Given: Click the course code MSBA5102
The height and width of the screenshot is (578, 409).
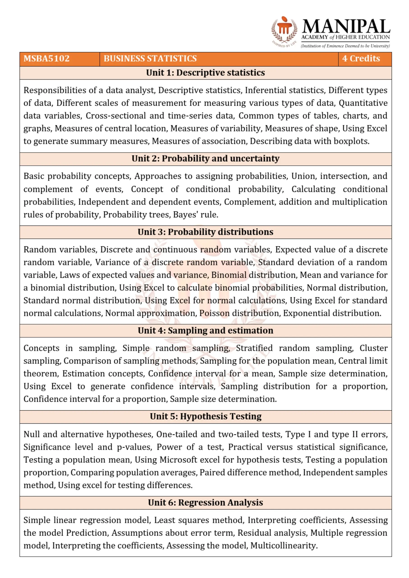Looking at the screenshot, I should pos(47,58).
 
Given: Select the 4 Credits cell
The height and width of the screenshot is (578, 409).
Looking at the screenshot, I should pos(361,58).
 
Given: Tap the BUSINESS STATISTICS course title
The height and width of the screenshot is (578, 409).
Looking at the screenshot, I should pos(150,58).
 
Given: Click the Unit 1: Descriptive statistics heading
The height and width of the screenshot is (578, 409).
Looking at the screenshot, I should pos(205,73).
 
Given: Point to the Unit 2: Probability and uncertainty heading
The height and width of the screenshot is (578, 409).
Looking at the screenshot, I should pos(205,159).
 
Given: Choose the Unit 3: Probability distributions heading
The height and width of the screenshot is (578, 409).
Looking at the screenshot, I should pos(205,232).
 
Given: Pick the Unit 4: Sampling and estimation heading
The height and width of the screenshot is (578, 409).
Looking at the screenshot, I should pos(205,331).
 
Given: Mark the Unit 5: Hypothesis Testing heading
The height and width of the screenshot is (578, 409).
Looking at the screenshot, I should pos(205,417).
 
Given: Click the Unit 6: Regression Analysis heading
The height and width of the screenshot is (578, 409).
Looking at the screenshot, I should pos(205,503).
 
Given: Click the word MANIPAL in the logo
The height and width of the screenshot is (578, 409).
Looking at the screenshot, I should pos(346,26).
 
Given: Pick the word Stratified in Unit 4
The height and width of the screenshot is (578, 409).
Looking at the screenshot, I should pos(254,348).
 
